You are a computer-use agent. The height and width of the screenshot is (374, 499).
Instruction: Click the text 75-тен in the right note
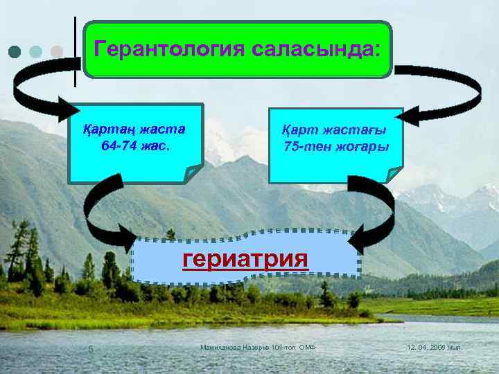coord(305,148)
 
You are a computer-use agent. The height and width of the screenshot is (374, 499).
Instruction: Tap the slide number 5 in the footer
coord(89,347)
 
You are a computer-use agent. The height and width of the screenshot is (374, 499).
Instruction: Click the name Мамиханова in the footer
coord(220,346)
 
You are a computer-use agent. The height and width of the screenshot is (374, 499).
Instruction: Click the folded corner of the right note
coord(393,175)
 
